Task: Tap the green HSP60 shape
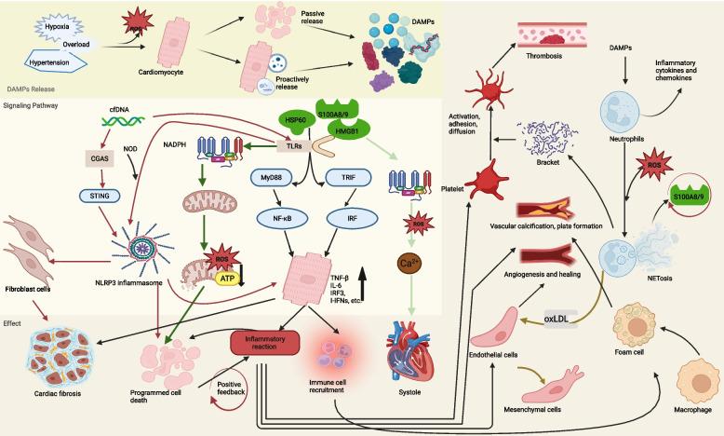coord(296,123)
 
